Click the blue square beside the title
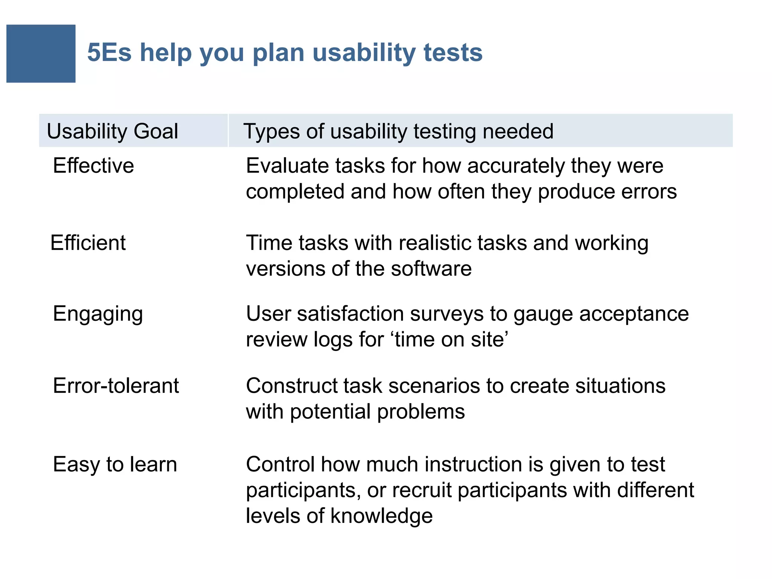pyautogui.click(x=41, y=54)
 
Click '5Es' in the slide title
pyautogui.click(x=109, y=52)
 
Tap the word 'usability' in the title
pyautogui.click(x=364, y=52)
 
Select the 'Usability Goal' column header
pyautogui.click(x=112, y=131)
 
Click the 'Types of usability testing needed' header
pyautogui.click(x=398, y=131)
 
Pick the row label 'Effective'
pyautogui.click(x=93, y=165)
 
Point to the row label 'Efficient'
pyautogui.click(x=88, y=242)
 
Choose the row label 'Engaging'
pyautogui.click(x=98, y=314)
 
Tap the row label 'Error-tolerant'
pyautogui.click(x=116, y=386)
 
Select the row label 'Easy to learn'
pyautogui.click(x=115, y=464)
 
